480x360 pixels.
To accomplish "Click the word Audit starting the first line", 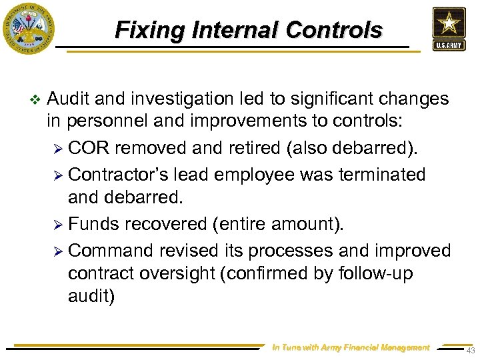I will click(x=69, y=99).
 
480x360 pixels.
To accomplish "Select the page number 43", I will click(x=470, y=351).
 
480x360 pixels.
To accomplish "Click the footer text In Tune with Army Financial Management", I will click(x=351, y=347).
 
